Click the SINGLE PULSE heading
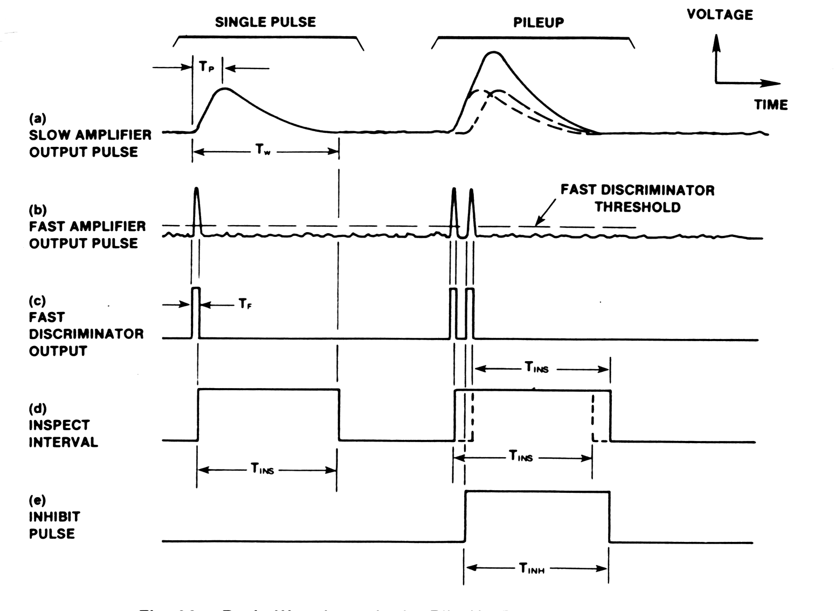pyautogui.click(x=265, y=22)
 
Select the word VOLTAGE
pyautogui.click(x=719, y=15)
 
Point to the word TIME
pyautogui.click(x=771, y=105)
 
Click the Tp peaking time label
pyautogui.click(x=206, y=67)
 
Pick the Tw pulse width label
pyautogui.click(x=263, y=151)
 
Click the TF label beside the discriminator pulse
pyautogui.click(x=245, y=305)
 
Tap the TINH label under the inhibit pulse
pyautogui.click(x=532, y=568)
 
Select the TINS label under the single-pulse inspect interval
pyautogui.click(x=263, y=469)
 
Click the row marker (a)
pyautogui.click(x=38, y=118)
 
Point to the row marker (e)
pyautogui.click(x=38, y=500)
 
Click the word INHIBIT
pyautogui.click(x=54, y=517)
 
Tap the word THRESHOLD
pyautogui.click(x=638, y=207)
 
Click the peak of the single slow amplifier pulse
pyautogui.click(x=224, y=89)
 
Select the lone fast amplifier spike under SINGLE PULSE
pyautogui.click(x=196, y=189)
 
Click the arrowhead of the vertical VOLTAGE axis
pyautogui.click(x=716, y=40)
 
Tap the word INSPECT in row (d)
pyautogui.click(x=59, y=425)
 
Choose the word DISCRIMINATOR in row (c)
pyautogui.click(x=86, y=334)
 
